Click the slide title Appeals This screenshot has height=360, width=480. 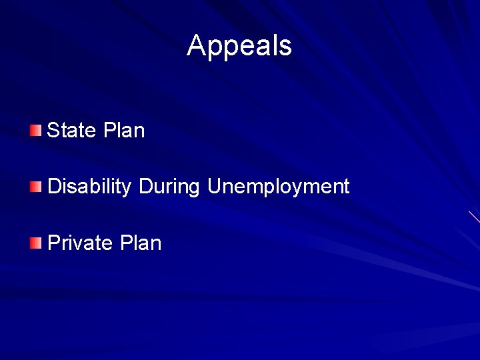(x=239, y=46)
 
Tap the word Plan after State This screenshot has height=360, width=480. (x=124, y=130)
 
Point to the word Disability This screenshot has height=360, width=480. (x=89, y=187)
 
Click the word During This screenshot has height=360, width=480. (x=169, y=187)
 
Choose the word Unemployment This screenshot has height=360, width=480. (x=278, y=187)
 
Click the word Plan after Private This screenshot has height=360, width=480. (x=141, y=243)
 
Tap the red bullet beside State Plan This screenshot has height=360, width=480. (x=35, y=129)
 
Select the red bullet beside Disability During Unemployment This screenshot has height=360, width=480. (x=35, y=186)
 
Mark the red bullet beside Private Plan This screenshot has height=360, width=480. (x=35, y=242)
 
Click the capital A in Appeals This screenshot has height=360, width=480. (x=197, y=46)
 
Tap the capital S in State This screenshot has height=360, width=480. (x=53, y=130)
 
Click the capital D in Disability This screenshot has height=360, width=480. (x=54, y=187)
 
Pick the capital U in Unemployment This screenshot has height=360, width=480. (x=214, y=187)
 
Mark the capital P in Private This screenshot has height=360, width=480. (x=54, y=243)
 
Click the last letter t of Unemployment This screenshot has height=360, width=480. (x=346, y=187)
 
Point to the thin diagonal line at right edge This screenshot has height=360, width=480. (x=474, y=217)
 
